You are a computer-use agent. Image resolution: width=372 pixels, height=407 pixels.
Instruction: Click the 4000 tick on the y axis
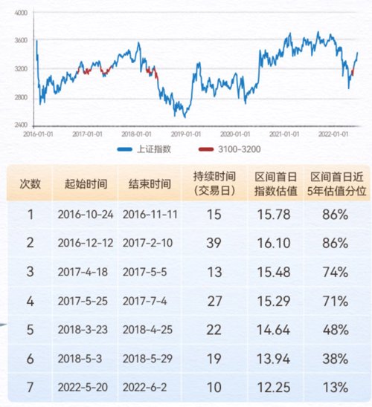(21, 13)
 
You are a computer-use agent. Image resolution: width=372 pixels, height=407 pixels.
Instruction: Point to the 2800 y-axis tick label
(21, 97)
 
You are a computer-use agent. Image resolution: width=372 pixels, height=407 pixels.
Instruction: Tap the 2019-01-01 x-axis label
(186, 134)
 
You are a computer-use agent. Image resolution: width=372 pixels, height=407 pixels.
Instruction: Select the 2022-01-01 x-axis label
(333, 134)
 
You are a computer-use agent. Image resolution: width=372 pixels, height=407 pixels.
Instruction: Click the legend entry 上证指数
(144, 149)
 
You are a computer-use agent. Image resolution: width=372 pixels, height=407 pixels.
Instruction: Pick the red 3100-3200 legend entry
(229, 149)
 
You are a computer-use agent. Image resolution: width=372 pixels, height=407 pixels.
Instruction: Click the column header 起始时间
(86, 184)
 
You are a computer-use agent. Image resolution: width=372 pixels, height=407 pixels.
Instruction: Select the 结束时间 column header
(150, 184)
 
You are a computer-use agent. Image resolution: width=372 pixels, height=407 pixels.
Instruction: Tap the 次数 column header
(31, 184)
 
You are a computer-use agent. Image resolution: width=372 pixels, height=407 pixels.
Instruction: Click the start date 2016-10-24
(86, 215)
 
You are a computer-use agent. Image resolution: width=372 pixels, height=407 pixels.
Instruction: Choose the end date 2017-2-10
(147, 243)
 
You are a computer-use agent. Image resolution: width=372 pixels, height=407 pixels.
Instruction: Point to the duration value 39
(214, 243)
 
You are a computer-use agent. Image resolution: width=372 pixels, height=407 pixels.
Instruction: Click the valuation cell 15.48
(274, 273)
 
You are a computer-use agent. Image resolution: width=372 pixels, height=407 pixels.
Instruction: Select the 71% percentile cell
(336, 302)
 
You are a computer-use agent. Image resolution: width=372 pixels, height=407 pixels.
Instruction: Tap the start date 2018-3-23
(83, 330)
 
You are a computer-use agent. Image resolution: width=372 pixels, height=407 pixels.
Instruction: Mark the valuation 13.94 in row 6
(274, 359)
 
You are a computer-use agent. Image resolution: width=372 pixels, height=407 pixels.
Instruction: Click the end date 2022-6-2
(144, 388)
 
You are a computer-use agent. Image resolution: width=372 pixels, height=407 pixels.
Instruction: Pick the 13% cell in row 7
(336, 388)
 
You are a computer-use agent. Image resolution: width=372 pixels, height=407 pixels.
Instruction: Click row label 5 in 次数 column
(31, 330)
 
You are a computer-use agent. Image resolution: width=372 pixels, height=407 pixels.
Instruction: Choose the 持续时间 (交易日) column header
(214, 183)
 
